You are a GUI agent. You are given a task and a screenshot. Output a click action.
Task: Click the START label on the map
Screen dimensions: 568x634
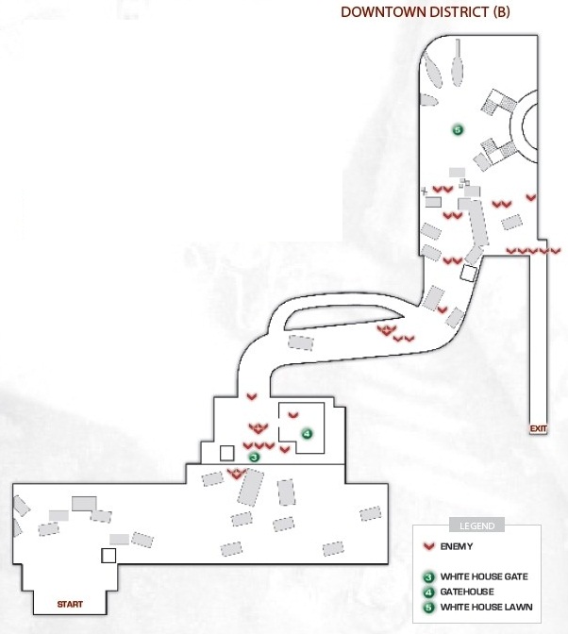pyautogui.click(x=70, y=604)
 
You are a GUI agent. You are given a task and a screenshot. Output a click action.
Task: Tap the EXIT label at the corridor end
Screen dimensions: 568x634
pyautogui.click(x=538, y=428)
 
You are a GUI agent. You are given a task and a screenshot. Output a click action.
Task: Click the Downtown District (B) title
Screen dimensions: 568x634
pyautogui.click(x=425, y=11)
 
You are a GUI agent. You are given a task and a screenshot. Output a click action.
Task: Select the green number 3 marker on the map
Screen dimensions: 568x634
pyautogui.click(x=254, y=458)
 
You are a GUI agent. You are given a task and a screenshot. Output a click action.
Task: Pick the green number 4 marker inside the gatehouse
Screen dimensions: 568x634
pyautogui.click(x=308, y=434)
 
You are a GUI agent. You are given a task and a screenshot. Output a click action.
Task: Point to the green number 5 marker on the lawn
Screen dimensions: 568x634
pyautogui.click(x=458, y=130)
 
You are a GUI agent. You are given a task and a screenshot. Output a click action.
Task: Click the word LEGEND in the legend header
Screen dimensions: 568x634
pyautogui.click(x=477, y=526)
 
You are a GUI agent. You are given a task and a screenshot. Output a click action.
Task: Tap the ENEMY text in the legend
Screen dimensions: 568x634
pyautogui.click(x=457, y=546)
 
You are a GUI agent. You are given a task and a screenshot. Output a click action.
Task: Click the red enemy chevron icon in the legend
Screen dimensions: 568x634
pyautogui.click(x=428, y=546)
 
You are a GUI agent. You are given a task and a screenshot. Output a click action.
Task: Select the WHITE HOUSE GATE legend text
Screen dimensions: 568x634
pyautogui.click(x=484, y=576)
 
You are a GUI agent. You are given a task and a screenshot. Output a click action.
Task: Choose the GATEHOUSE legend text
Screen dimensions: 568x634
pyautogui.click(x=467, y=592)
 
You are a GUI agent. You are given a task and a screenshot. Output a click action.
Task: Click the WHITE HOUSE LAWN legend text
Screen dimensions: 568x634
pyautogui.click(x=486, y=607)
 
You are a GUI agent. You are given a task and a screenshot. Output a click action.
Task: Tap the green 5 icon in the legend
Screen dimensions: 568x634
pyautogui.click(x=428, y=607)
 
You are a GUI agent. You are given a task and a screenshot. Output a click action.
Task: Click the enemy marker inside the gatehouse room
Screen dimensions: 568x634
pyautogui.click(x=293, y=415)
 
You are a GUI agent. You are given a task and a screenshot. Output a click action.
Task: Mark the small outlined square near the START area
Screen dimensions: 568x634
pyautogui.click(x=109, y=556)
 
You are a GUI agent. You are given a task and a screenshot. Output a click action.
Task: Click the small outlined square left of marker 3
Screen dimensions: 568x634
pyautogui.click(x=226, y=453)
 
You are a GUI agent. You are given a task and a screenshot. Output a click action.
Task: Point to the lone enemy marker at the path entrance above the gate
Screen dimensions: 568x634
pyautogui.click(x=252, y=396)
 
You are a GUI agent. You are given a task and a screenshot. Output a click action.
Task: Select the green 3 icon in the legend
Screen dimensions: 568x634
pyautogui.click(x=428, y=577)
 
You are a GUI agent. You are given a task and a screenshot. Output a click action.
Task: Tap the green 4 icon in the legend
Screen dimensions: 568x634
pyautogui.click(x=428, y=592)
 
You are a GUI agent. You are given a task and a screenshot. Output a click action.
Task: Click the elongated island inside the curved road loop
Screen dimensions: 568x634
pyautogui.click(x=343, y=316)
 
